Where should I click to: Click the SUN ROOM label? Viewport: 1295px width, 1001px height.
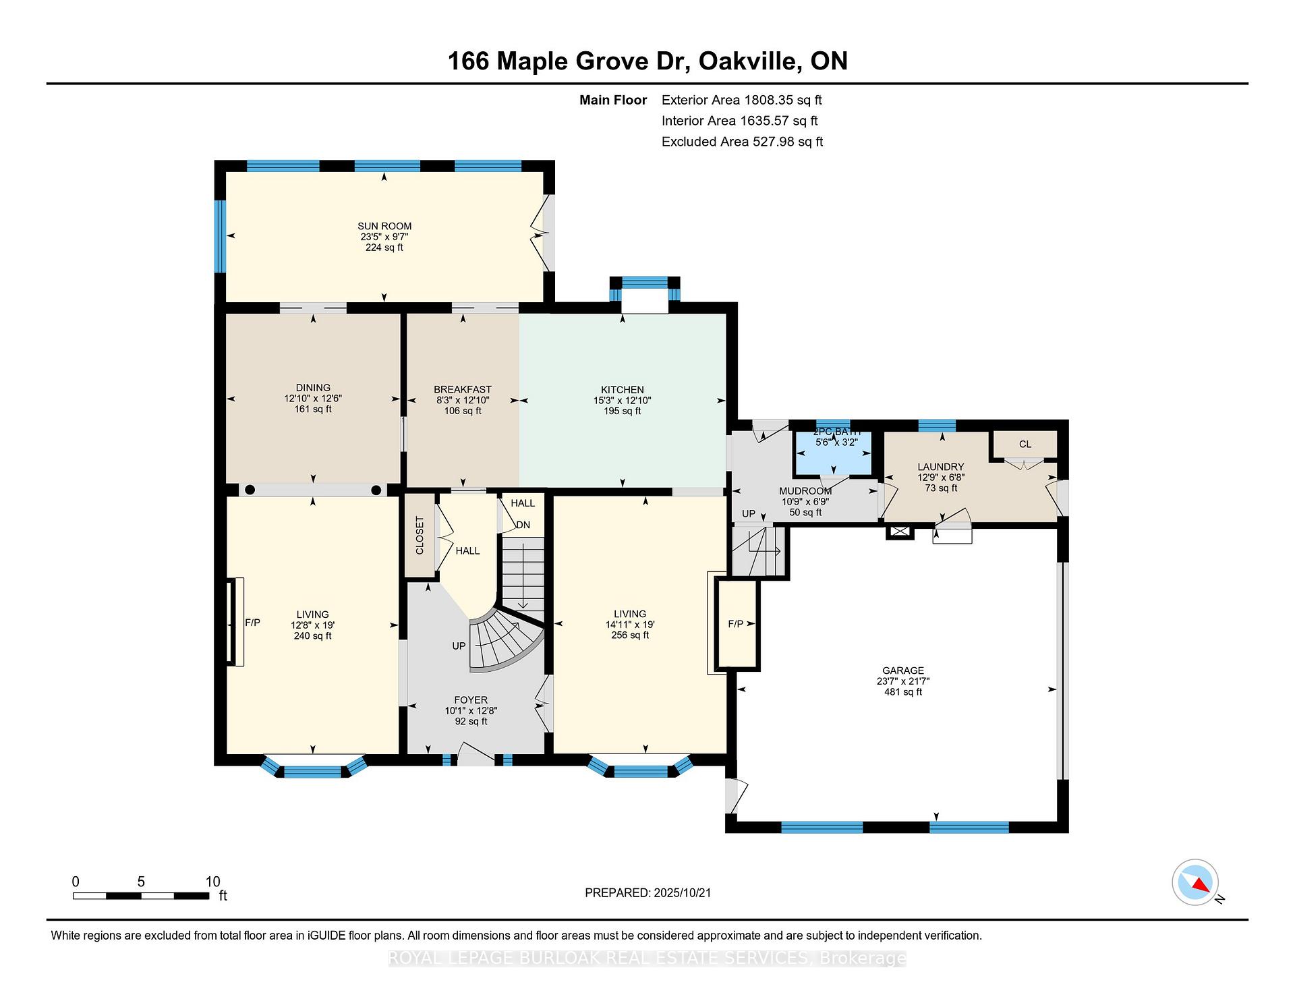coord(384,226)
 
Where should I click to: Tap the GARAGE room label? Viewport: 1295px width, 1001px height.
coord(902,670)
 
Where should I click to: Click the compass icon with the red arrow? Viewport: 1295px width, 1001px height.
coord(1195,882)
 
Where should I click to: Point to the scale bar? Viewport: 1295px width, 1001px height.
coord(141,896)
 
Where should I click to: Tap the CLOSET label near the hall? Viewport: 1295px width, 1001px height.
coord(420,536)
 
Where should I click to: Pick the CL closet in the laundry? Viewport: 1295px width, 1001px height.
coord(1025,444)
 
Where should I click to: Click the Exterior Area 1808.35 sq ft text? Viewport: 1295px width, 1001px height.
coord(741,101)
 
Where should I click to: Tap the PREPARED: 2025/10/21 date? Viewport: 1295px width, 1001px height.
coord(647,892)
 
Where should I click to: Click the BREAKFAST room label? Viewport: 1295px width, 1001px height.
coord(462,389)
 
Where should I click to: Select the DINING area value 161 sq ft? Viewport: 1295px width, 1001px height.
coord(313,409)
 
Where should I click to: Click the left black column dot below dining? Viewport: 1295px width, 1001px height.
coord(250,490)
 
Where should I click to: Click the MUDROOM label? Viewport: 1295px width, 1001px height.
coord(805,491)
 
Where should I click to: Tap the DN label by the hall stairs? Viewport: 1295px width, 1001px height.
coord(523,525)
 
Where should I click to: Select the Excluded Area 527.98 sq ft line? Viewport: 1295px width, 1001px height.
coord(741,142)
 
